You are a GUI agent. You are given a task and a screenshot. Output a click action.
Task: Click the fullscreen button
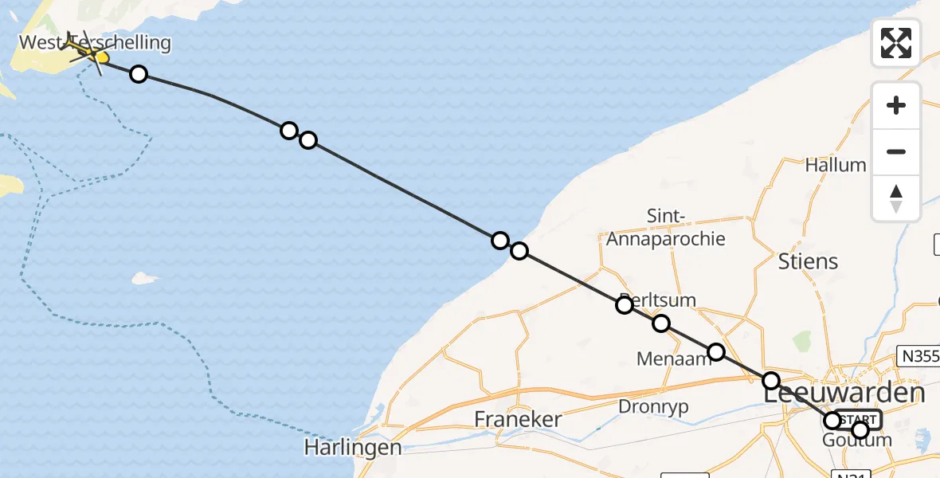(x=896, y=42)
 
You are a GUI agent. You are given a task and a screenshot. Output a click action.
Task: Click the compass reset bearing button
(x=896, y=198)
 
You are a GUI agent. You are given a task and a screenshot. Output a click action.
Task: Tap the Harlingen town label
(x=352, y=448)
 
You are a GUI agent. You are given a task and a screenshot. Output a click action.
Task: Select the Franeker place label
(x=518, y=419)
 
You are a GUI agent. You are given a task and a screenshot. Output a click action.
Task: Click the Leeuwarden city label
(x=844, y=394)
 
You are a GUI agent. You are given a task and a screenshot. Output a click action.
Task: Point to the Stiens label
(x=808, y=261)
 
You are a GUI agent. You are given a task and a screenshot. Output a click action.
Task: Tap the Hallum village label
(x=836, y=165)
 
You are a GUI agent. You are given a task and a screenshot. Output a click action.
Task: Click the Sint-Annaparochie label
(x=666, y=227)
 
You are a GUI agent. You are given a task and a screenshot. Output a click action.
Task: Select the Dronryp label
(x=653, y=406)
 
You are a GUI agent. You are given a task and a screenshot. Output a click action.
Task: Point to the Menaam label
(x=673, y=359)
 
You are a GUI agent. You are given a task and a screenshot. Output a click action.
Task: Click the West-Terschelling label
(x=95, y=42)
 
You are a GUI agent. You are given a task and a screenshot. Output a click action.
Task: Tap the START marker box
(x=858, y=420)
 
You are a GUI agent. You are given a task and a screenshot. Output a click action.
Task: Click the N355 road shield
(x=918, y=356)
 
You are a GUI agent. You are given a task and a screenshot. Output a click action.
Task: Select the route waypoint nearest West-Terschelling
(x=139, y=74)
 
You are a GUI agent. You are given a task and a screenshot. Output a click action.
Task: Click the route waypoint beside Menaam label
(x=716, y=352)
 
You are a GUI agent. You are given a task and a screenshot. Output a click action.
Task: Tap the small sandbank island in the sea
(x=144, y=278)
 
